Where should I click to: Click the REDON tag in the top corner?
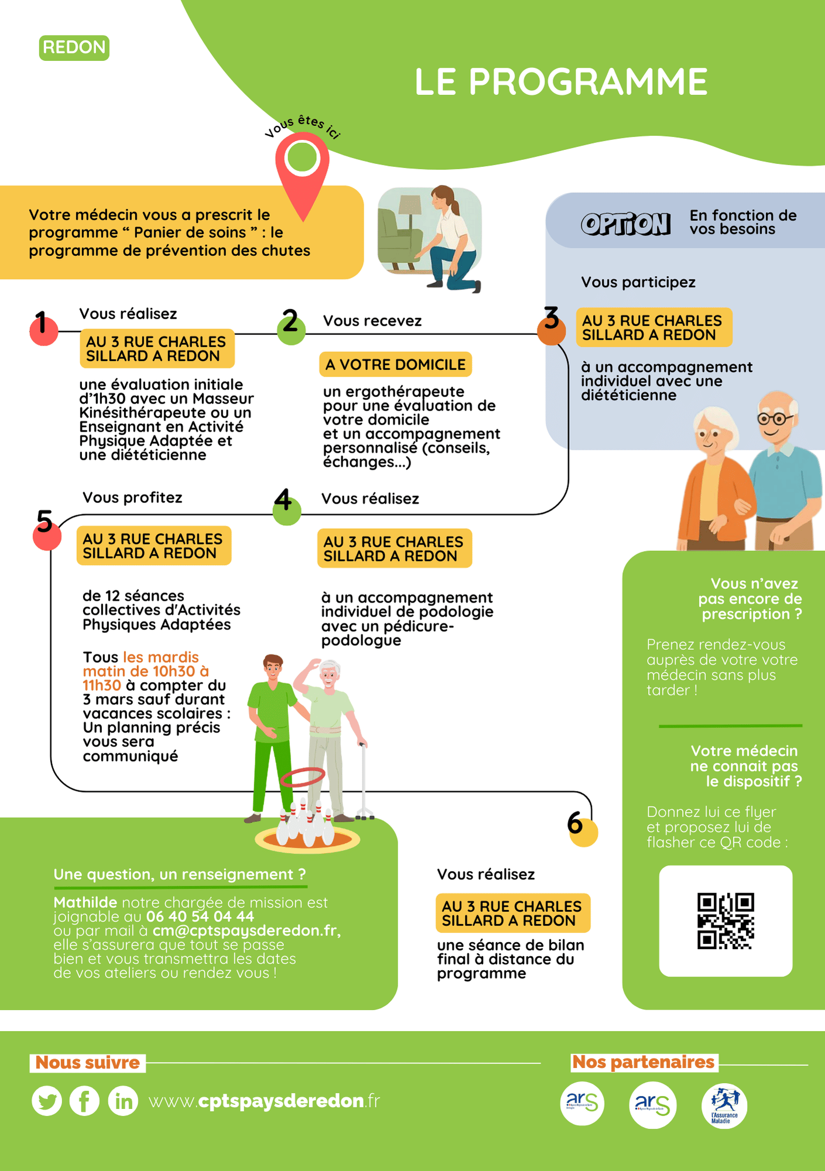74,47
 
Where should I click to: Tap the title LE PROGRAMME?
561,81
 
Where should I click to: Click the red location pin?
302,170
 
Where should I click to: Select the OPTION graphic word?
625,224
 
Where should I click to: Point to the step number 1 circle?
44,330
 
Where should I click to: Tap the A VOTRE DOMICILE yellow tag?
395,365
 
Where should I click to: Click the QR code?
725,920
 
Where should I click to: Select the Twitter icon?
47,1101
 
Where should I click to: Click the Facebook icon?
84,1101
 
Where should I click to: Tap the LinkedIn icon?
123,1101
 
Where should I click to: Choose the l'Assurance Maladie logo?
724,1105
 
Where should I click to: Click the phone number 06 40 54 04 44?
200,916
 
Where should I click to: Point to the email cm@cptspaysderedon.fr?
246,930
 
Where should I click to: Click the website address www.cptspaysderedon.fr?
264,1101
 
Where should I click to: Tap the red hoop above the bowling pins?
303,777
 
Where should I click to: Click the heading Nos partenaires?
643,1062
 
